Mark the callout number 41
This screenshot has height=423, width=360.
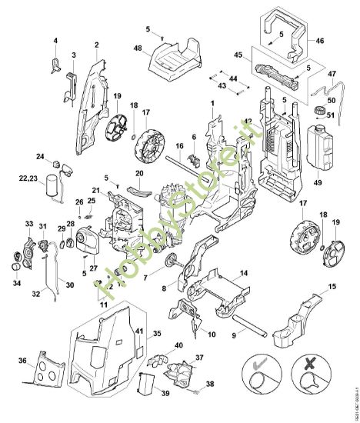click(x=139, y=331)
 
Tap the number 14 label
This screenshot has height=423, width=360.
click(x=243, y=273)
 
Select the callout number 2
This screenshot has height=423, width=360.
click(x=97, y=46)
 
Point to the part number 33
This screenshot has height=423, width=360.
click(x=29, y=224)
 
